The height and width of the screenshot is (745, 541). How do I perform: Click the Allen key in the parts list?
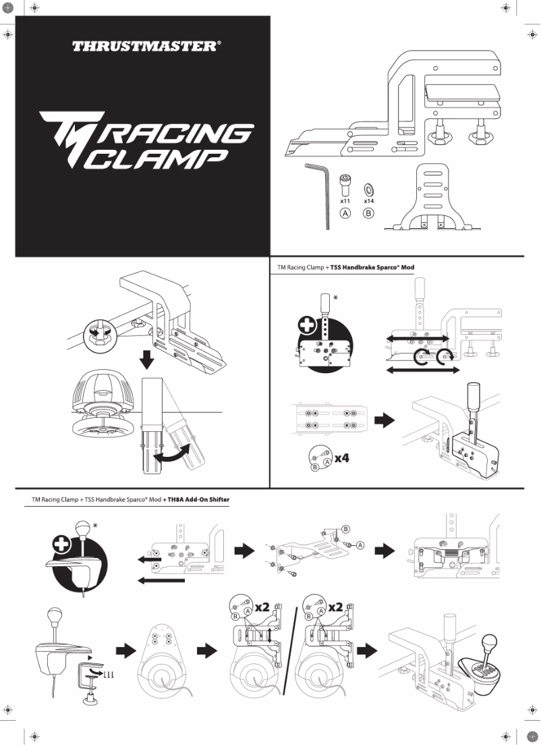pyautogui.click(x=320, y=192)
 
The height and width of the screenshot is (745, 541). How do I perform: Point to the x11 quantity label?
pyautogui.click(x=345, y=201)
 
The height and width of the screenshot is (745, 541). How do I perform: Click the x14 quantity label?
pyautogui.click(x=369, y=201)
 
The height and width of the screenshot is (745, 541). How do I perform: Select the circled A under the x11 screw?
pyautogui.click(x=345, y=214)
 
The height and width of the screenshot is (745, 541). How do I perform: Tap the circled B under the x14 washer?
pyautogui.click(x=369, y=214)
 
